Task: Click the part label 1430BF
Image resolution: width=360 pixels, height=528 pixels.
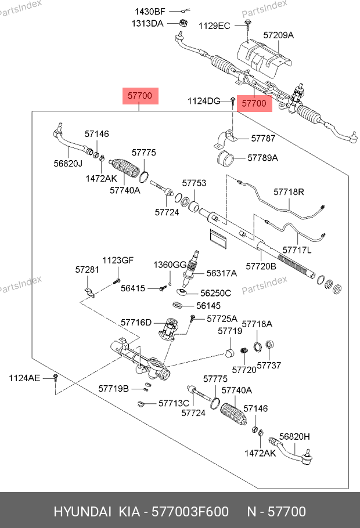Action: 150,12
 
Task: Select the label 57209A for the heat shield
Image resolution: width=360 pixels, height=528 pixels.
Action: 278,35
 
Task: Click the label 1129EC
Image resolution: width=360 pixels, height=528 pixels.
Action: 214,26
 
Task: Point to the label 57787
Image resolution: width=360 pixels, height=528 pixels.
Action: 263,139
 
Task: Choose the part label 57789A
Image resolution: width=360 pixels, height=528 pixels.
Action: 262,157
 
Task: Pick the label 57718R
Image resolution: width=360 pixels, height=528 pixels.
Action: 289,191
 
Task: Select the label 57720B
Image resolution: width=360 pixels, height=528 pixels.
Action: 261,266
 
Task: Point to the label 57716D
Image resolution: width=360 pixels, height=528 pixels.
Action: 136,322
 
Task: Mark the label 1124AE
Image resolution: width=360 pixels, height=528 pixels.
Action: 24,378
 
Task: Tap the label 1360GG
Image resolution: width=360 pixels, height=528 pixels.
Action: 170,265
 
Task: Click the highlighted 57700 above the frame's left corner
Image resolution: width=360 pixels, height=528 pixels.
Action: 140,96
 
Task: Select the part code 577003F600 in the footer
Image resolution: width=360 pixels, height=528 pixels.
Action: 190,512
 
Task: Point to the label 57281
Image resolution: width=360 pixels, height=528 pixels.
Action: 87,270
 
